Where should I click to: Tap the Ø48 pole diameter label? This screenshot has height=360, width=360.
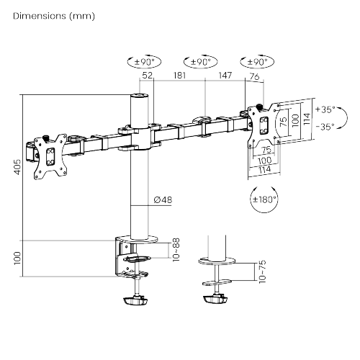(x=162, y=200)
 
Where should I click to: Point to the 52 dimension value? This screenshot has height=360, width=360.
(x=148, y=74)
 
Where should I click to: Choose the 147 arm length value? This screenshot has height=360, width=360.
(x=225, y=74)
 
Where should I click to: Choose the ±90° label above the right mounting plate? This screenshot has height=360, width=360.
(x=256, y=62)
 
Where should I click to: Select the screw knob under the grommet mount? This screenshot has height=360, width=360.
(x=215, y=299)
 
